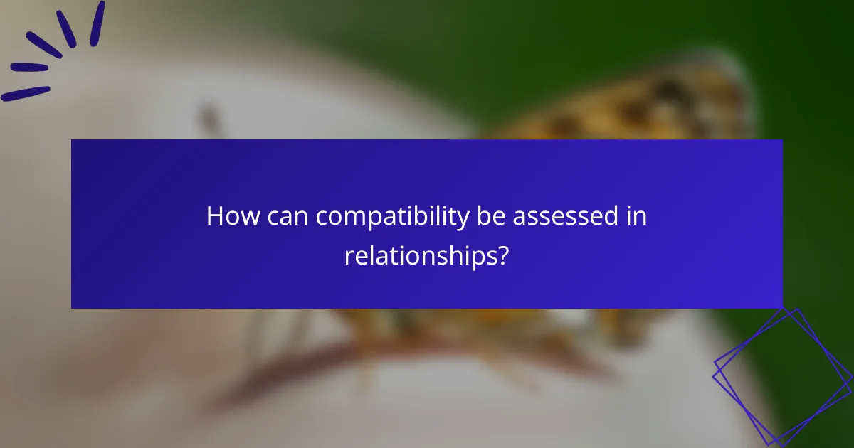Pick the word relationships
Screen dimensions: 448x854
(419, 256)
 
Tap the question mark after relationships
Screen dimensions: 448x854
(502, 255)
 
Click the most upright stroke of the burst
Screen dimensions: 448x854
(97, 23)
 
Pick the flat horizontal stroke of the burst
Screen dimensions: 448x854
(28, 68)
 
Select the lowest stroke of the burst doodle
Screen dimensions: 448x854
(26, 93)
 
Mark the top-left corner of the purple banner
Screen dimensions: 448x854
(72, 140)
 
